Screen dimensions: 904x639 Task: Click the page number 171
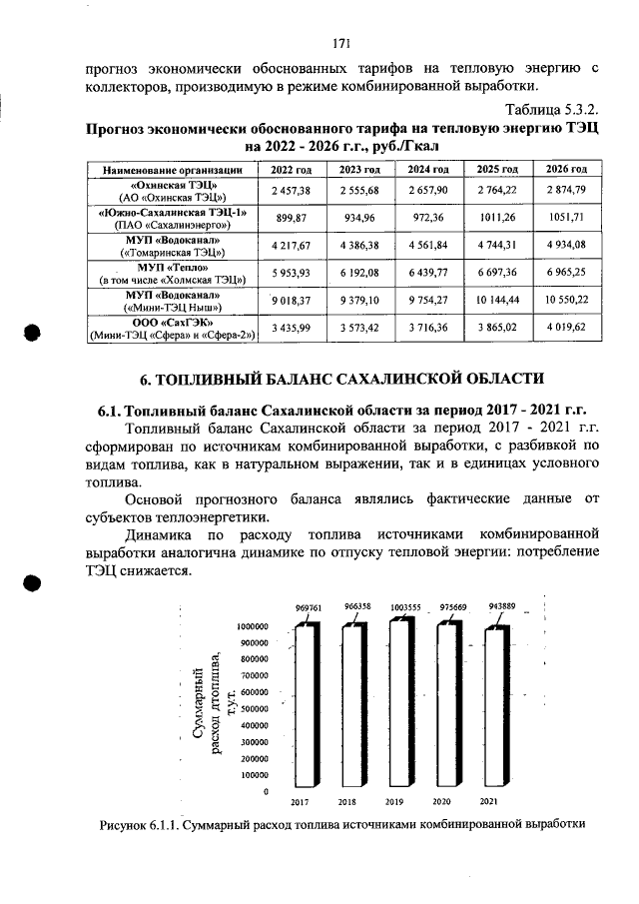(340, 43)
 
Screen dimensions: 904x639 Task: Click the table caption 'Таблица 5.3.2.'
(551, 108)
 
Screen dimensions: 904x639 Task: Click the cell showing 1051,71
(565, 217)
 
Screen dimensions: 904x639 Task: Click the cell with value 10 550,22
(565, 300)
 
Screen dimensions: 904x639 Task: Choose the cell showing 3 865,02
(502, 327)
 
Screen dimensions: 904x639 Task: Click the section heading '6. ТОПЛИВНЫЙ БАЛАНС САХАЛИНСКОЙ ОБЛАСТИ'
(340, 379)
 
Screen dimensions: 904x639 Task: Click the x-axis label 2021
(489, 802)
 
